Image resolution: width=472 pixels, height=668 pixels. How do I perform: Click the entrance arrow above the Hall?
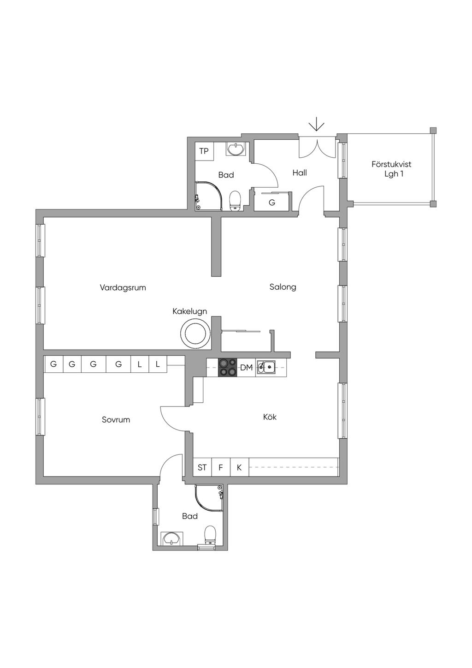tap(317, 125)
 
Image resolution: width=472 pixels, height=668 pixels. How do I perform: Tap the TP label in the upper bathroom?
tap(204, 151)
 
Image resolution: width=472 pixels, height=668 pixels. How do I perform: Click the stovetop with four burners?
tap(227, 367)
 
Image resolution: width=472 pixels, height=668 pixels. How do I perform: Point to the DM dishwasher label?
tap(246, 368)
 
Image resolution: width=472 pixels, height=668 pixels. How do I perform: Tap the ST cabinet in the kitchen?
tap(202, 468)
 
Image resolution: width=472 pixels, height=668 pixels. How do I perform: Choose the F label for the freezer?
tap(220, 468)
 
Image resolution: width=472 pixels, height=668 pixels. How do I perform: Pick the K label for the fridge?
tap(239, 468)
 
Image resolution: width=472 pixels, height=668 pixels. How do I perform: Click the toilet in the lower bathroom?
tap(210, 535)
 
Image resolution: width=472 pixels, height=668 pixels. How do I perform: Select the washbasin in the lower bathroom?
tap(171, 538)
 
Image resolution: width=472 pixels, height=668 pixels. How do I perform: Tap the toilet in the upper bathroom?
tap(235, 201)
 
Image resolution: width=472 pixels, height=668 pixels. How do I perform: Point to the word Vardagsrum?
tap(123, 288)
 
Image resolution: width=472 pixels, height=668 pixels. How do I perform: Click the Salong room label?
tap(283, 287)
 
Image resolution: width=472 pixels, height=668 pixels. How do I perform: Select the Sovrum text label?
tap(116, 420)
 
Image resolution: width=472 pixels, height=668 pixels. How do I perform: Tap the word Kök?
tap(270, 417)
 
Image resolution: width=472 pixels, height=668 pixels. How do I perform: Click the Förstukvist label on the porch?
tap(391, 164)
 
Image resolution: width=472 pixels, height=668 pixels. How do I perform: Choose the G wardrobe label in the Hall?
tap(272, 203)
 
